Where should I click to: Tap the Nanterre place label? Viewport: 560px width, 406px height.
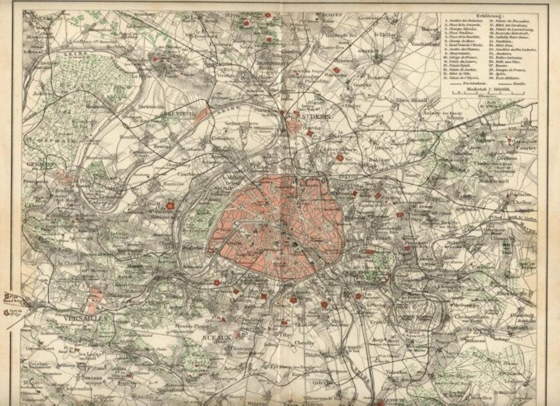174,183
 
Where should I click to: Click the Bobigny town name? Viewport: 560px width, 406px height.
380,160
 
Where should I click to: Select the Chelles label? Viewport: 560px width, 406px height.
522,202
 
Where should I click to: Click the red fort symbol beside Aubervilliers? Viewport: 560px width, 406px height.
340,157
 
